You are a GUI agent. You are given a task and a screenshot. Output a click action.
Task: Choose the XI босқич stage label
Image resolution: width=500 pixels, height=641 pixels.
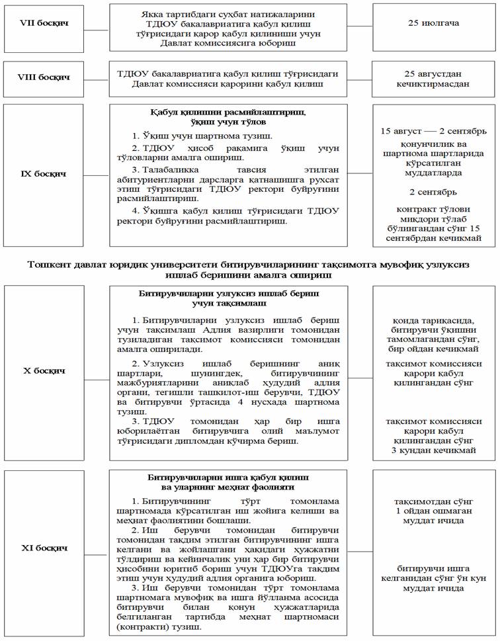(44, 548)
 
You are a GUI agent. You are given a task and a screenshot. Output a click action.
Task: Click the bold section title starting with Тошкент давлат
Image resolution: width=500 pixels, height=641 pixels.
(249, 265)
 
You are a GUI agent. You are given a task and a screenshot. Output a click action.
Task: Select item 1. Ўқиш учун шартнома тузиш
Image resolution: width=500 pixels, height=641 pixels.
(178, 136)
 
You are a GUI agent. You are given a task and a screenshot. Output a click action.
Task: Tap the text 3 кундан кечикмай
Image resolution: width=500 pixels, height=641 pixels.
(433, 450)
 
